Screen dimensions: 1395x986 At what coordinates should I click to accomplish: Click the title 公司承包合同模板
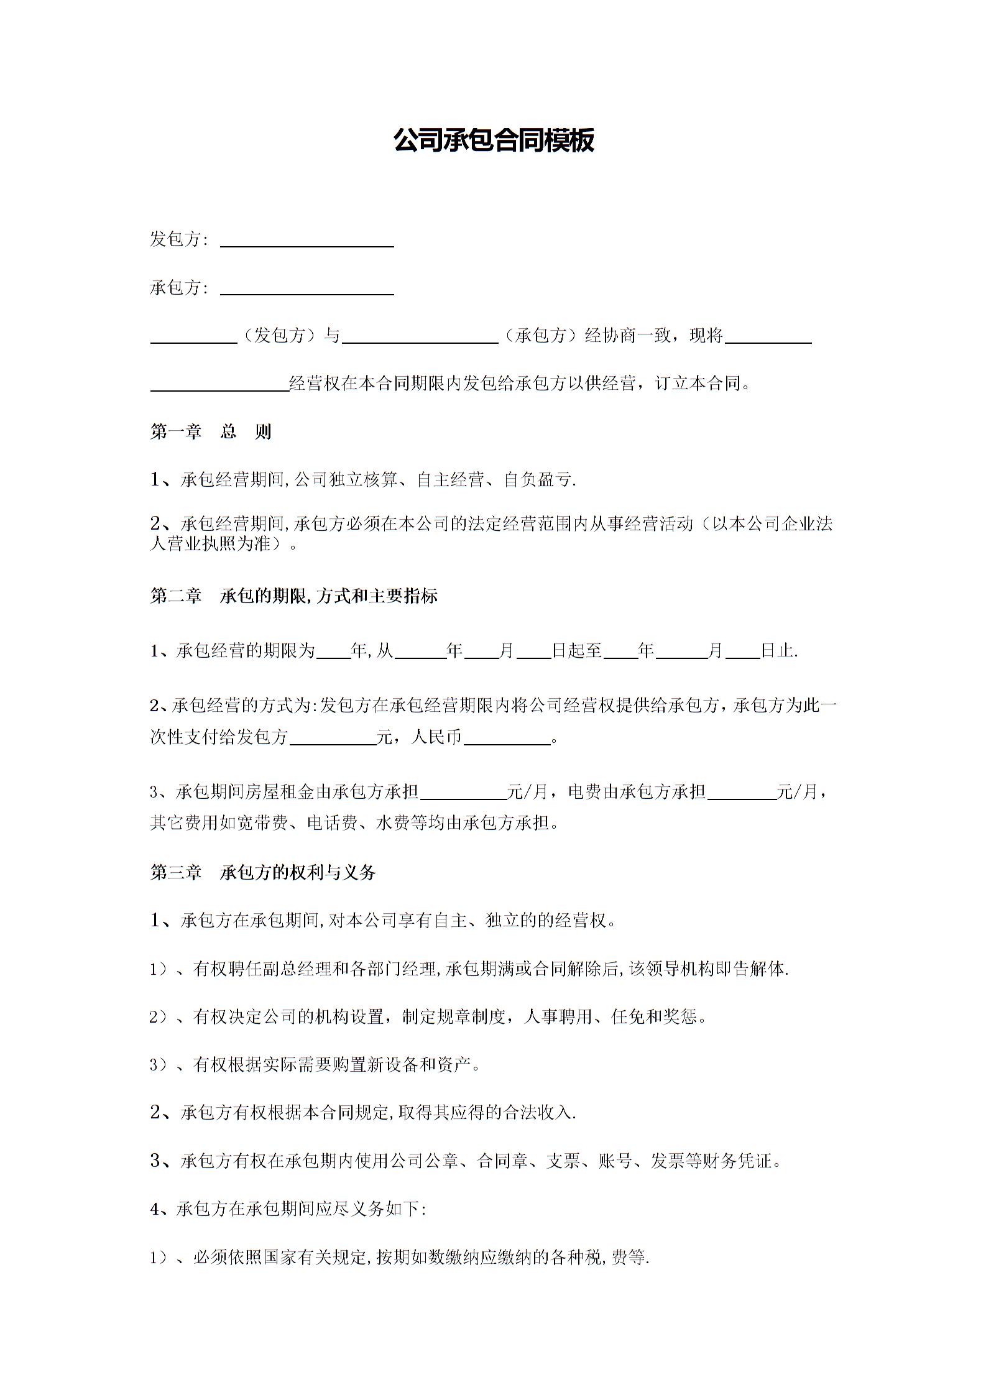click(494, 140)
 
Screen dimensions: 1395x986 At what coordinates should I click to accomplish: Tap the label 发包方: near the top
click(178, 239)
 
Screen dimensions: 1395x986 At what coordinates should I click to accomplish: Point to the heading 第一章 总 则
click(211, 431)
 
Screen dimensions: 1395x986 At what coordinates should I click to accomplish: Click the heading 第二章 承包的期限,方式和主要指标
click(294, 596)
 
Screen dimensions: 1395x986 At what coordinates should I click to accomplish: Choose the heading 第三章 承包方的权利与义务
click(263, 873)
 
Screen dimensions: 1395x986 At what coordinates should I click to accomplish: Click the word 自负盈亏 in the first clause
click(538, 480)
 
